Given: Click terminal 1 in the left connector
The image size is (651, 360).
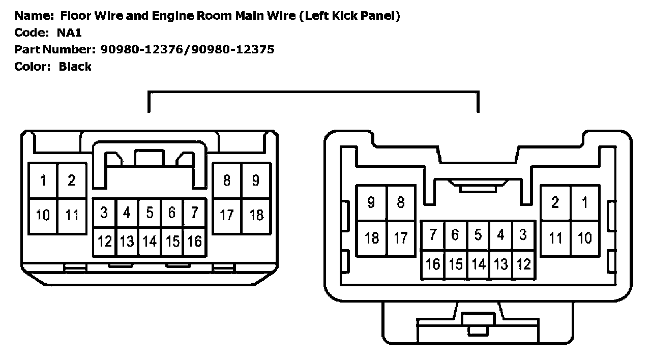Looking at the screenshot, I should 43,180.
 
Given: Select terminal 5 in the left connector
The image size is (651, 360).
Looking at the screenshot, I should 150,213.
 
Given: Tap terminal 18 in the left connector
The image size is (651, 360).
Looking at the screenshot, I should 256,215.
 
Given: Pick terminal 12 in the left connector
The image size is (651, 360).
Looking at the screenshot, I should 105,242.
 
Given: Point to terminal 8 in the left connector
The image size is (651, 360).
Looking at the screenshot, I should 227,180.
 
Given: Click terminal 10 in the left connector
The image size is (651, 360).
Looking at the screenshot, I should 43,215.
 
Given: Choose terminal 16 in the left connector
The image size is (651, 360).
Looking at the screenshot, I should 194,242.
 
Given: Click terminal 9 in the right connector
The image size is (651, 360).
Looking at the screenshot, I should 372,202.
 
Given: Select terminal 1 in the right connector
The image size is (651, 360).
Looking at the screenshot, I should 585,202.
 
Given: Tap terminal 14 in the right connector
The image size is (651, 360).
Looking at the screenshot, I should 478,264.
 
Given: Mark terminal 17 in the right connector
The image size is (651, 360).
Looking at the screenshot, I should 401,237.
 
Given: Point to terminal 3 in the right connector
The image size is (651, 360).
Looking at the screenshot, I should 523,235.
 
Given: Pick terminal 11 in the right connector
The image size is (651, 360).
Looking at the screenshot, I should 555,237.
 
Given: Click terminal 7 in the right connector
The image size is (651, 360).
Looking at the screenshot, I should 433,235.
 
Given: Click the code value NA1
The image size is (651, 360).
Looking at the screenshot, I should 70,33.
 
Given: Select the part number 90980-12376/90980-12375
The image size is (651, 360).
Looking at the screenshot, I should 187,49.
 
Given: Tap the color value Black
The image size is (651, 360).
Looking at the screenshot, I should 75,66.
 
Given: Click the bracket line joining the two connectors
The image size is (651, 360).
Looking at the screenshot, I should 313,93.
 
